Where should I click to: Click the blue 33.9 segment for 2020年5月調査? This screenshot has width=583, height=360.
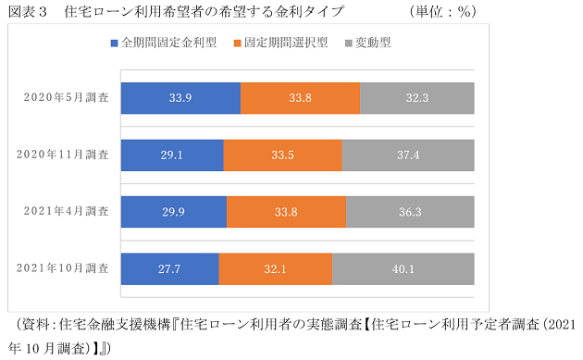(x=180, y=98)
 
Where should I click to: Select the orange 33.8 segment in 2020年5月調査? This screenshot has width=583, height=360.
(x=300, y=98)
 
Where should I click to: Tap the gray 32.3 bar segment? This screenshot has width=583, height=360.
(x=417, y=98)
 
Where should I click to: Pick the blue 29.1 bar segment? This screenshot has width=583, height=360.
(x=172, y=155)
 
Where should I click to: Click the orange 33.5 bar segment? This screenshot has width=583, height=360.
(x=282, y=155)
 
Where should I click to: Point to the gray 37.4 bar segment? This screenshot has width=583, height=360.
(x=408, y=155)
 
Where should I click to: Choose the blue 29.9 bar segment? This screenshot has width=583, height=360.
(x=174, y=212)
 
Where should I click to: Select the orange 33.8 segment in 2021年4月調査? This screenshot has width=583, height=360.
(x=286, y=212)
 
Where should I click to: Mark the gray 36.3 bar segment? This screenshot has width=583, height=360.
(x=410, y=212)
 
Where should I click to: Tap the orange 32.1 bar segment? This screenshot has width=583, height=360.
(x=276, y=268)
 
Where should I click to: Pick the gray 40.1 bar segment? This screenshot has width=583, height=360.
(x=403, y=268)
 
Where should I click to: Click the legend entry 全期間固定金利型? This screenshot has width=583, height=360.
(x=163, y=43)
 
